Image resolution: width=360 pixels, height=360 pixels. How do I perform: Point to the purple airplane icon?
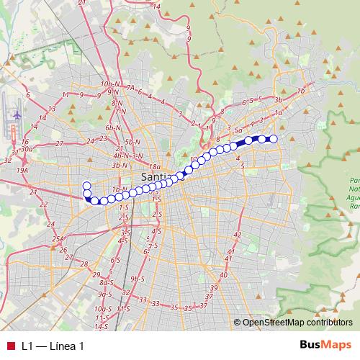(16, 115)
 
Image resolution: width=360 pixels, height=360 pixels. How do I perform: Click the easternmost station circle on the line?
(273, 139)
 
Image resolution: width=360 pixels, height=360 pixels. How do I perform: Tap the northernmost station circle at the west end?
(87, 185)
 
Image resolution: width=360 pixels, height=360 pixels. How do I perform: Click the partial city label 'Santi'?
(155, 177)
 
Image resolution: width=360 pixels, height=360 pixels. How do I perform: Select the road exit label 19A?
(22, 170)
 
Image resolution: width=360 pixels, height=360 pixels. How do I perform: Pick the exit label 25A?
(59, 238)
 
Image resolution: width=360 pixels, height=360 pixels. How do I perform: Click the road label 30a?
(27, 148)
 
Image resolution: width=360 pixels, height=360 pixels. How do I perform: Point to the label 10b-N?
(109, 84)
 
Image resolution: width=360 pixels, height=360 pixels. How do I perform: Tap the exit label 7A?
(131, 87)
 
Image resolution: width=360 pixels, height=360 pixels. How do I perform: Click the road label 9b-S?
(138, 279)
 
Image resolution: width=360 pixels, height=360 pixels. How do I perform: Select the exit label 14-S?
(101, 326)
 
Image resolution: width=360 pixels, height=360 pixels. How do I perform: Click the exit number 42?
(238, 235)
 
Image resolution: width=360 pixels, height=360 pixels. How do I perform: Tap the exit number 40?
(223, 275)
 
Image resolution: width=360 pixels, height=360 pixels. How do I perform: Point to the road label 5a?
(238, 130)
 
